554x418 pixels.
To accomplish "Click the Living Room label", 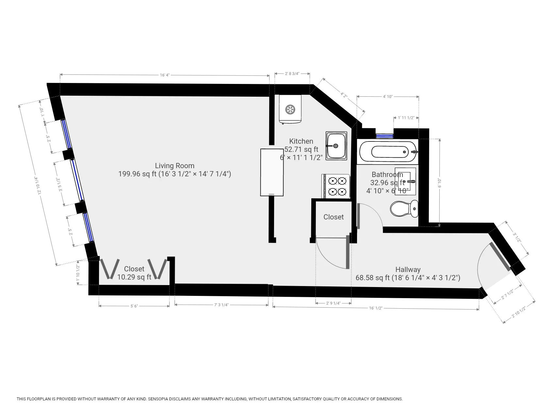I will coord(174,166).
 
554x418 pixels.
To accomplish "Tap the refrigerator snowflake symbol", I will coord(290,109).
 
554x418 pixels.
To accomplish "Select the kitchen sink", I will coord(336,146).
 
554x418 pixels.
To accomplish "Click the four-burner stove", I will coord(337,186).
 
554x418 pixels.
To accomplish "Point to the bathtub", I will coord(388,152).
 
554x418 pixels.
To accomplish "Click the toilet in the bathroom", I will coord(404,209).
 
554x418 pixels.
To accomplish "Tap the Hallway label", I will coord(408,269).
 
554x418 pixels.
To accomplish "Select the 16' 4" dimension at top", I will coord(164,75).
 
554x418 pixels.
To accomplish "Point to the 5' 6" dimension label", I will coord(134,306).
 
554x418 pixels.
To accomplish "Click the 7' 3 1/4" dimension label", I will coord(221,305).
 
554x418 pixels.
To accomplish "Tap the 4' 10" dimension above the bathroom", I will coord(387,96).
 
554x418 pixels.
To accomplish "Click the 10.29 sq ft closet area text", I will coord(134,277).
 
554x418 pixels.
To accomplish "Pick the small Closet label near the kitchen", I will coord(334,217).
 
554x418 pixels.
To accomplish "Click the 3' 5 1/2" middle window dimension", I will coord(59,185).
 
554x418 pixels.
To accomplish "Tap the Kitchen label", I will coord(301,141).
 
